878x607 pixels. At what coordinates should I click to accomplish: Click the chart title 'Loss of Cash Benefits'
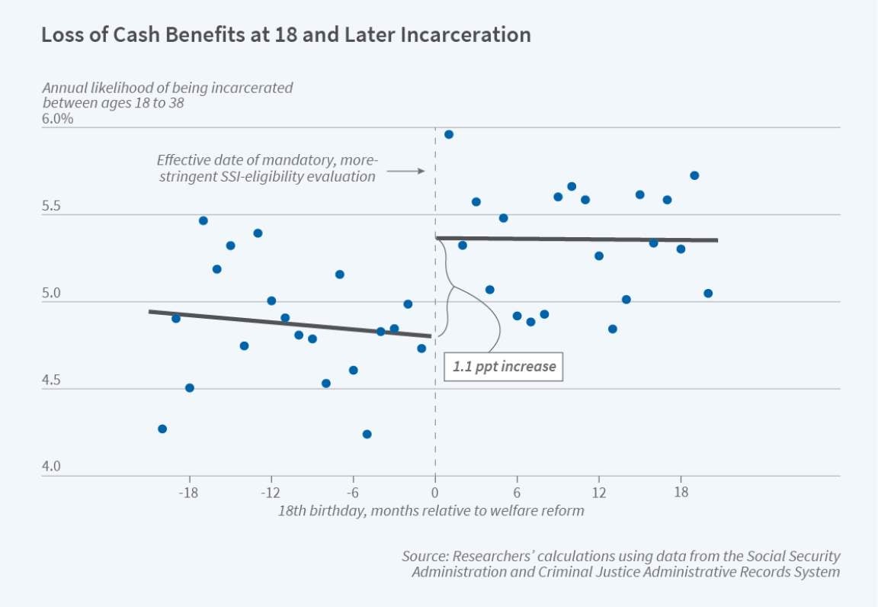tap(285, 35)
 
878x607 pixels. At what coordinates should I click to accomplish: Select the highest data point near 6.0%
tap(449, 134)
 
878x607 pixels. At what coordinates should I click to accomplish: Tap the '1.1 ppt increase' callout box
tap(504, 367)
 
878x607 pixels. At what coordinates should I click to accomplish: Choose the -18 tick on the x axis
tap(189, 491)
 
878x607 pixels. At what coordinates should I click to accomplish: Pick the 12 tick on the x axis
tap(599, 491)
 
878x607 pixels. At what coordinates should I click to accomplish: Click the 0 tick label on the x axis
tap(435, 491)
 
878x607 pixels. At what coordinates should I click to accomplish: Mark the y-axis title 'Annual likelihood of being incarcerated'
tap(167, 88)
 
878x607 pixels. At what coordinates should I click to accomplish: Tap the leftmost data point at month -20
tap(162, 429)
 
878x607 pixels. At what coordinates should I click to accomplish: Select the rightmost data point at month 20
tap(708, 293)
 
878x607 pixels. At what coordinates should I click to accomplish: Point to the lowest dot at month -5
tap(367, 434)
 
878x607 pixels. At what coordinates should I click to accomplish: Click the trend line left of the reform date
tap(290, 323)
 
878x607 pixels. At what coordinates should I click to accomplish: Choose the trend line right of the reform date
tap(576, 239)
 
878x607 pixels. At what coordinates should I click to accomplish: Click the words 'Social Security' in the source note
tap(793, 557)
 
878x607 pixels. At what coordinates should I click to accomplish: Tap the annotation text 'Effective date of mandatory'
tap(267, 160)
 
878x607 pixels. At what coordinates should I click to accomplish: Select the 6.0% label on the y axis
tap(58, 119)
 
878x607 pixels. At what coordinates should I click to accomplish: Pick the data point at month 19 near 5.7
tap(694, 175)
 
